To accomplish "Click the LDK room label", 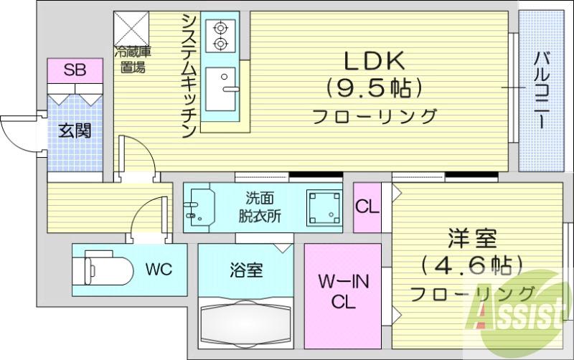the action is pyautogui.click(x=374, y=61).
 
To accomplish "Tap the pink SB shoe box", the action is pyautogui.click(x=75, y=70).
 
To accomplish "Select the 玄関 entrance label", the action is pyautogui.click(x=75, y=131).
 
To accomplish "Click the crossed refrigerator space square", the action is pyautogui.click(x=131, y=29).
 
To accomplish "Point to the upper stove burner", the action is pyautogui.click(x=220, y=28).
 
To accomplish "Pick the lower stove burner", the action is pyautogui.click(x=220, y=44).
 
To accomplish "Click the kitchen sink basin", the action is pyautogui.click(x=220, y=89).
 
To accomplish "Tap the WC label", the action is pyautogui.click(x=159, y=270).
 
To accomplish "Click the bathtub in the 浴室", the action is pyautogui.click(x=246, y=323).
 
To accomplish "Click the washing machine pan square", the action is pyautogui.click(x=324, y=208).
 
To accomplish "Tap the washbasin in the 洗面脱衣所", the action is pyautogui.click(x=199, y=207).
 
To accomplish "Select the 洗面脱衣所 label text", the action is pyautogui.click(x=260, y=207).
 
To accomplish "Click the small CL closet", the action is pyautogui.click(x=367, y=207).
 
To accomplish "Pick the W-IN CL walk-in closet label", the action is pyautogui.click(x=344, y=292).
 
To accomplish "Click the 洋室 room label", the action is pyautogui.click(x=472, y=238).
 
